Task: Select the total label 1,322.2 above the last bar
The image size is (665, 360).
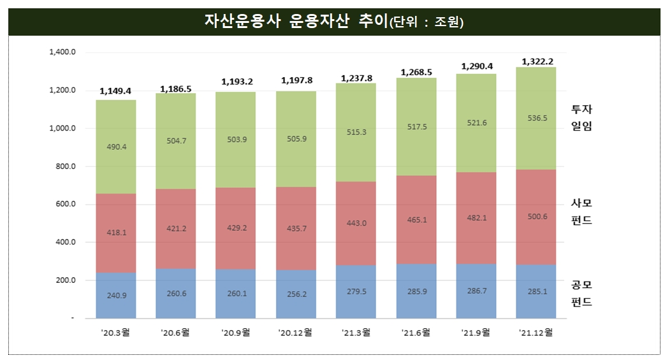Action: pyautogui.click(x=537, y=61)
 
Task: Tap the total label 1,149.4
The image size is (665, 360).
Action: pyautogui.click(x=115, y=91)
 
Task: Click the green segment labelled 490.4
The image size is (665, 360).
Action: pyautogui.click(x=115, y=147)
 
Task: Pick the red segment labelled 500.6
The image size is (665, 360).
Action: pyautogui.click(x=537, y=217)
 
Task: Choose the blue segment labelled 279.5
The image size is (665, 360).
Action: pyautogui.click(x=356, y=291)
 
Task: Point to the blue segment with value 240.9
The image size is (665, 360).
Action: pyautogui.click(x=115, y=295)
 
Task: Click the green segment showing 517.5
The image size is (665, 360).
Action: pyautogui.click(x=416, y=127)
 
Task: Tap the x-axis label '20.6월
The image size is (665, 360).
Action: pyautogui.click(x=175, y=332)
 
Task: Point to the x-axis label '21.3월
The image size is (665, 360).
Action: pyautogui.click(x=355, y=332)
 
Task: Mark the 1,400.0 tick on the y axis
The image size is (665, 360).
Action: pyautogui.click(x=62, y=52)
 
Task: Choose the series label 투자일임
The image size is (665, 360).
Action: pyautogui.click(x=581, y=118)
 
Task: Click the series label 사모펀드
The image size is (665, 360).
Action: pyautogui.click(x=581, y=212)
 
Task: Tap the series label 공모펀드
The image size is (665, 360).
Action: pyautogui.click(x=581, y=293)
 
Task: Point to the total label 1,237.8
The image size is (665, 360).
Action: pyautogui.click(x=356, y=78)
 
